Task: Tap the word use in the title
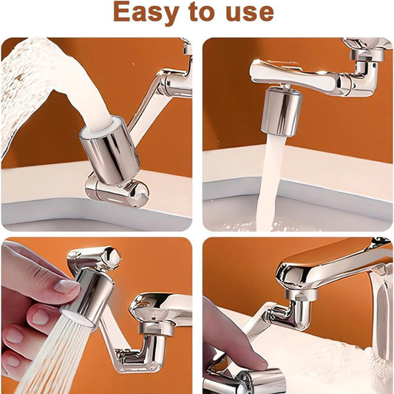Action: point(250,13)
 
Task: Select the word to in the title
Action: point(202,12)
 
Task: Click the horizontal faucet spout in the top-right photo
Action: point(296,76)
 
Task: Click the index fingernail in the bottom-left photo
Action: point(65,288)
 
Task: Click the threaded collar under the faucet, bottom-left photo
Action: point(156,328)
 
